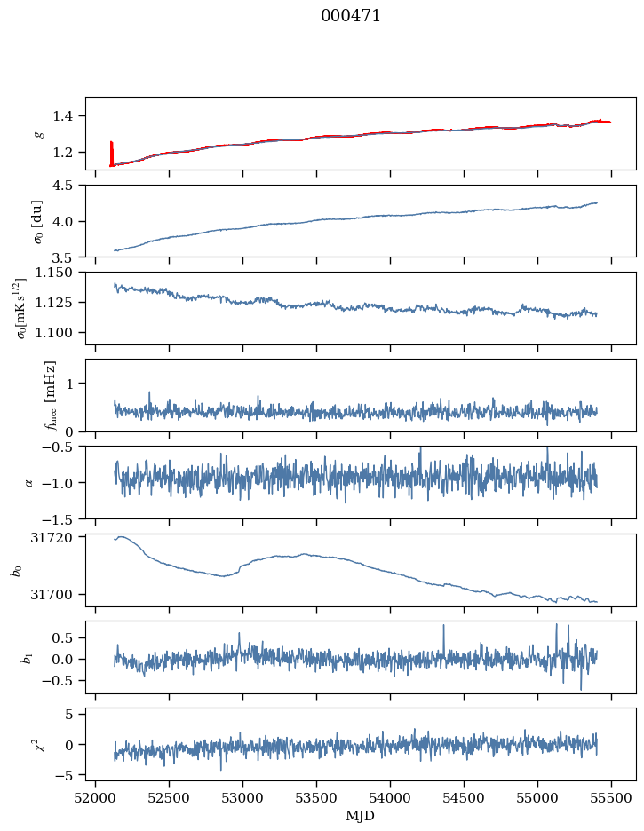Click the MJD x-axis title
pyautogui.click(x=361, y=816)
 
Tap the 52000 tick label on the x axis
pyautogui.click(x=97, y=798)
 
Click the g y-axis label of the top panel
pyautogui.click(x=38, y=134)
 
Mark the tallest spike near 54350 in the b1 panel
pyautogui.click(x=443, y=628)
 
